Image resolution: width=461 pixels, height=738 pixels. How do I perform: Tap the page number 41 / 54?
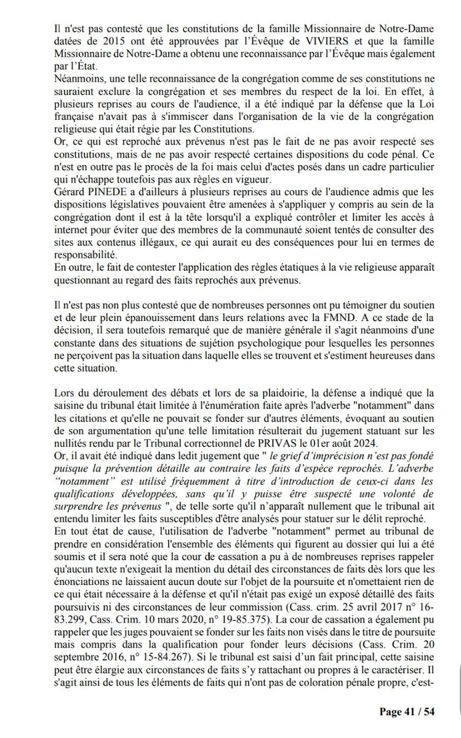pos(407,712)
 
